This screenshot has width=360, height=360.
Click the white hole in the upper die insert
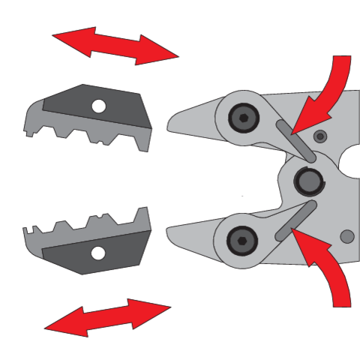coord(98,107)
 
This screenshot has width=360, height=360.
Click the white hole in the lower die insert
coord(97,253)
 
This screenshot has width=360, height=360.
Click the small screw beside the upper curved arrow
coord(321,136)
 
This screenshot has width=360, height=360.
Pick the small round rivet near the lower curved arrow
coord(346,236)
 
